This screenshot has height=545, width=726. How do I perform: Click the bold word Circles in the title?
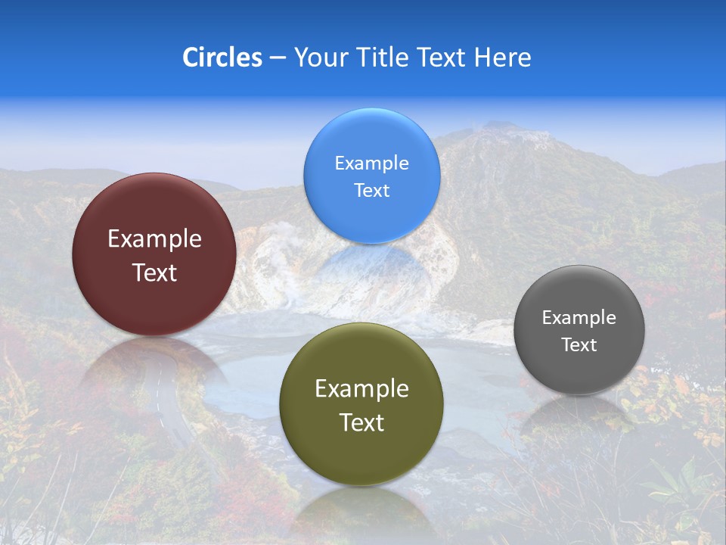tap(222, 58)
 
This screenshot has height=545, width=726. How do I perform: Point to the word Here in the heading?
tap(502, 58)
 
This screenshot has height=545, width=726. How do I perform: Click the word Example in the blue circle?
tap(371, 163)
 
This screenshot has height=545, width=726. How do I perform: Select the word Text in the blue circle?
tap(371, 190)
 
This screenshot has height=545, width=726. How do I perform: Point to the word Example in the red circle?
tap(154, 239)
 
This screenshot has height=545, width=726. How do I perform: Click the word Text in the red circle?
tap(154, 272)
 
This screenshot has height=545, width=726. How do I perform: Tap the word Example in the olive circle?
tap(361, 389)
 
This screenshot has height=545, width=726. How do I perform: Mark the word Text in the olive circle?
tap(361, 422)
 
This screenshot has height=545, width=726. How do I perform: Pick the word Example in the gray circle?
tap(579, 318)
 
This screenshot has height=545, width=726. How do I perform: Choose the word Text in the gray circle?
tap(579, 345)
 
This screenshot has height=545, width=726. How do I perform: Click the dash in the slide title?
tap(278, 58)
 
